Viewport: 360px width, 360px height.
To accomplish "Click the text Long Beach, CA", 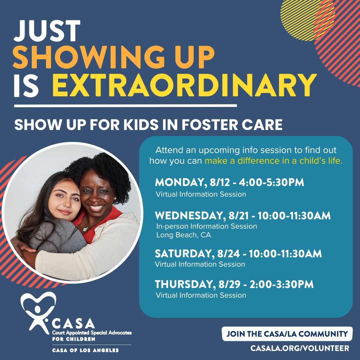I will click(x=184, y=235).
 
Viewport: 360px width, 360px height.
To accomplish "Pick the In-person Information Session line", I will click(x=206, y=226).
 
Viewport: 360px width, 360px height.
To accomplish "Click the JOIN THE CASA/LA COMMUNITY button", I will click(x=287, y=334).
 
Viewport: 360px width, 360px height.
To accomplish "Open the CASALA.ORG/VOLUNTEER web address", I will click(x=300, y=348).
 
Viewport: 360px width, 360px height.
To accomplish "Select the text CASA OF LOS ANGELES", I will click(x=85, y=350).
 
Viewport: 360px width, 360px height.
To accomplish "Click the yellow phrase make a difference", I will click(x=233, y=161).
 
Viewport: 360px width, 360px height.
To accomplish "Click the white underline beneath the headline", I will click(x=125, y=106).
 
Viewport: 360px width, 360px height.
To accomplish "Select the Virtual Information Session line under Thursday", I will click(x=201, y=295).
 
